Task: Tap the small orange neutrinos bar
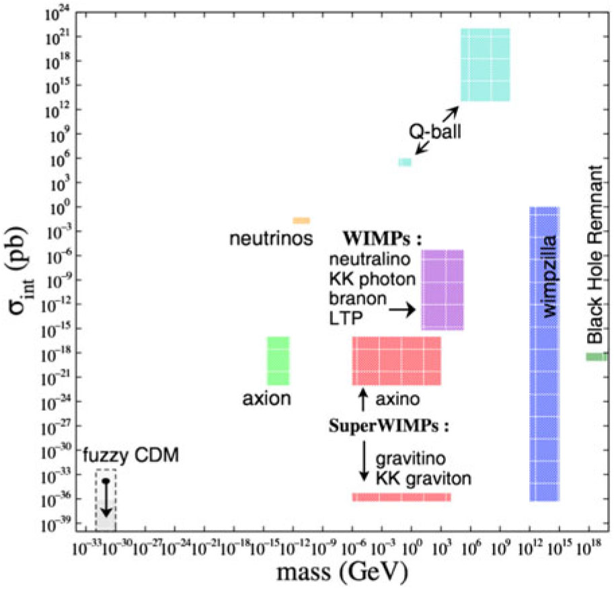click(301, 221)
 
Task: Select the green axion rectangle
click(278, 360)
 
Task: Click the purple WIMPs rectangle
click(442, 290)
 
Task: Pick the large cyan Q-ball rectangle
click(485, 65)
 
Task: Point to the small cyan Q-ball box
click(404, 162)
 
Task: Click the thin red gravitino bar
click(401, 497)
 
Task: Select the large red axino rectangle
click(396, 360)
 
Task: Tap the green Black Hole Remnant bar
click(596, 356)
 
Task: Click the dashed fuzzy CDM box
click(106, 499)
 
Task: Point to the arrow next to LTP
click(402, 310)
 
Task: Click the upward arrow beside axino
click(363, 399)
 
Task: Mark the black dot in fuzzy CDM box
click(106, 481)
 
